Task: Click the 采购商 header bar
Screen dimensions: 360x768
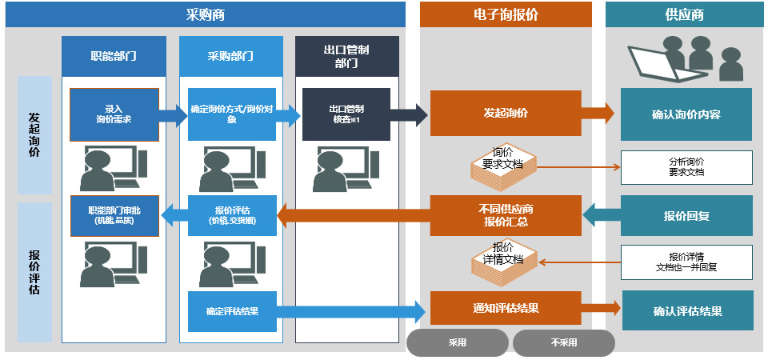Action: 205,14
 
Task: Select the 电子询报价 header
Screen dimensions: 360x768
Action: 506,14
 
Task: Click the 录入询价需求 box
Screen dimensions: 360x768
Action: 114,114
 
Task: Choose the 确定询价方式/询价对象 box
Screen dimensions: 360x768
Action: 232,114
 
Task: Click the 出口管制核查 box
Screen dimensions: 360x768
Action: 346,114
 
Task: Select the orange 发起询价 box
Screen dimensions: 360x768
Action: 506,114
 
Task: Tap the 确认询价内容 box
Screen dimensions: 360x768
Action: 686,114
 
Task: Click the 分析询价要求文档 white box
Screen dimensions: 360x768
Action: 686,166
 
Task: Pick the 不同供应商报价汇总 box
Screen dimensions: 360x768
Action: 506,215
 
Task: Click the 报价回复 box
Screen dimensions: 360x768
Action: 686,215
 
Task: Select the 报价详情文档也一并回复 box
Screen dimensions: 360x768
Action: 686,262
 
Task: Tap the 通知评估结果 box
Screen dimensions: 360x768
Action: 506,308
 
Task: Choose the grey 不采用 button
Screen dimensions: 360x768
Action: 563,342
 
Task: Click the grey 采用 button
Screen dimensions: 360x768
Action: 457,342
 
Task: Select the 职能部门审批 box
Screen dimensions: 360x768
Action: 114,215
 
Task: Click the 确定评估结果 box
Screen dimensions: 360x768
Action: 232,311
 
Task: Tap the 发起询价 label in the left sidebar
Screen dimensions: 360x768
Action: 34,134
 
